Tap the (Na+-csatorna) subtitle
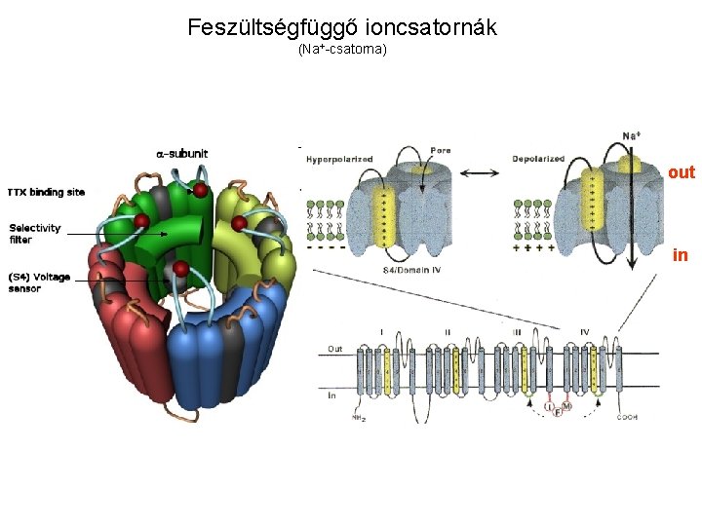click(342, 48)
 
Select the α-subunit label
click(182, 153)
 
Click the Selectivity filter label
click(35, 234)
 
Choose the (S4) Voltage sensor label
click(39, 282)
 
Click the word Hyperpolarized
click(338, 159)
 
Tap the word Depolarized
click(538, 159)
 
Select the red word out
click(682, 172)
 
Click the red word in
click(681, 255)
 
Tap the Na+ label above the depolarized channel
click(631, 136)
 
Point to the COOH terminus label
click(627, 418)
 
